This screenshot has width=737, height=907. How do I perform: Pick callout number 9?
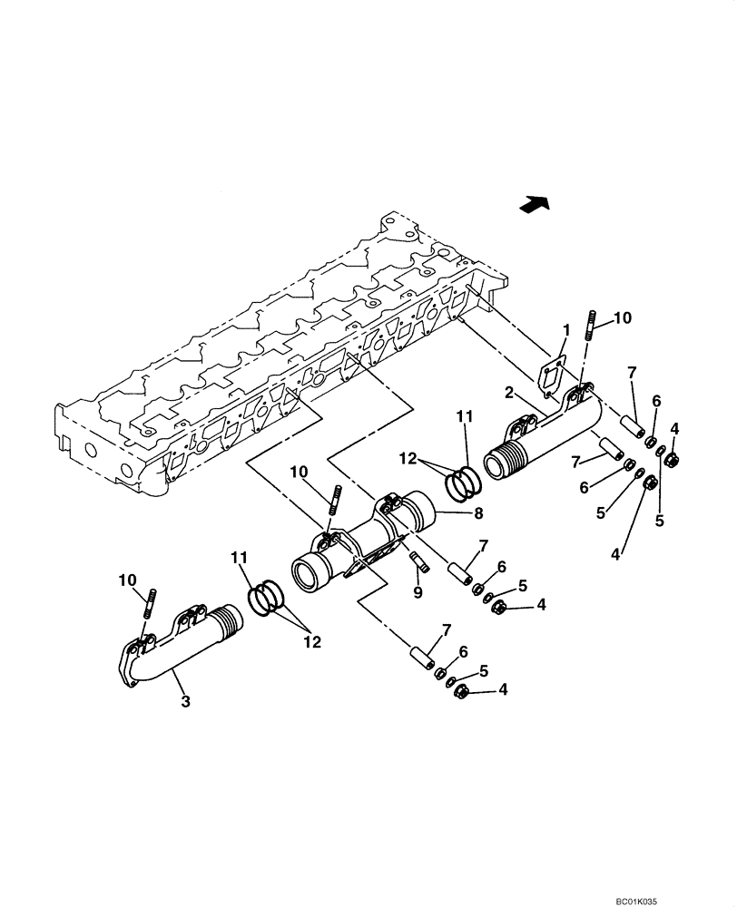pos(417,591)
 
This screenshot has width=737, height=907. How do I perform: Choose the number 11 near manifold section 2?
pos(466,417)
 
